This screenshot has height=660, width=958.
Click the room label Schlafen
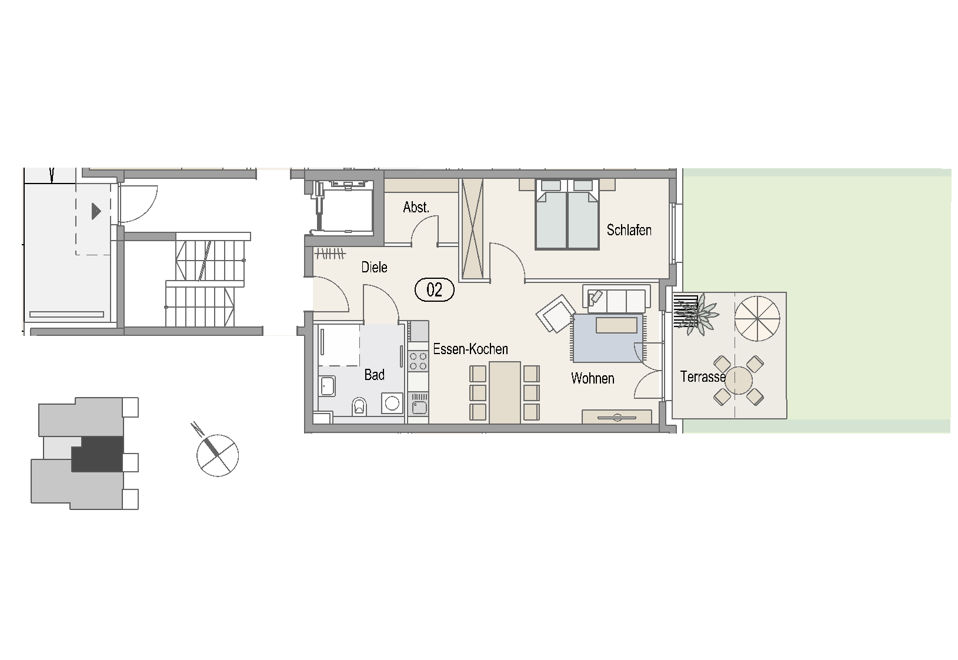tap(629, 230)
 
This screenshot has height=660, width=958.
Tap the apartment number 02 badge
tap(434, 290)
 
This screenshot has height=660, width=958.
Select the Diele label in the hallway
tap(374, 267)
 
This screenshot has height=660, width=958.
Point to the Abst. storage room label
tap(416, 208)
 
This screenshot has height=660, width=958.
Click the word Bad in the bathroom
tap(374, 375)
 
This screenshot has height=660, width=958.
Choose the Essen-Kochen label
tap(470, 349)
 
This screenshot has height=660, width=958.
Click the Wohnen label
tap(592, 378)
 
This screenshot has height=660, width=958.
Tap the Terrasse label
tap(703, 377)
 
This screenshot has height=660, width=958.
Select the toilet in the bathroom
tap(359, 406)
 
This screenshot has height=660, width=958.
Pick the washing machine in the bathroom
tap(392, 403)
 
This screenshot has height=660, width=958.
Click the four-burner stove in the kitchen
tap(418, 361)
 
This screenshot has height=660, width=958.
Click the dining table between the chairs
tap(505, 392)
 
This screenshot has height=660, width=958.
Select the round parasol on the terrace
tap(757, 319)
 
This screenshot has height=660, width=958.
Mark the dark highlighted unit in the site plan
tap(98, 454)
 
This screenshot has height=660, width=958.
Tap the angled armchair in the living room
tap(555, 314)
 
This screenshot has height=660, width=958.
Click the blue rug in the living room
tap(607, 338)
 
